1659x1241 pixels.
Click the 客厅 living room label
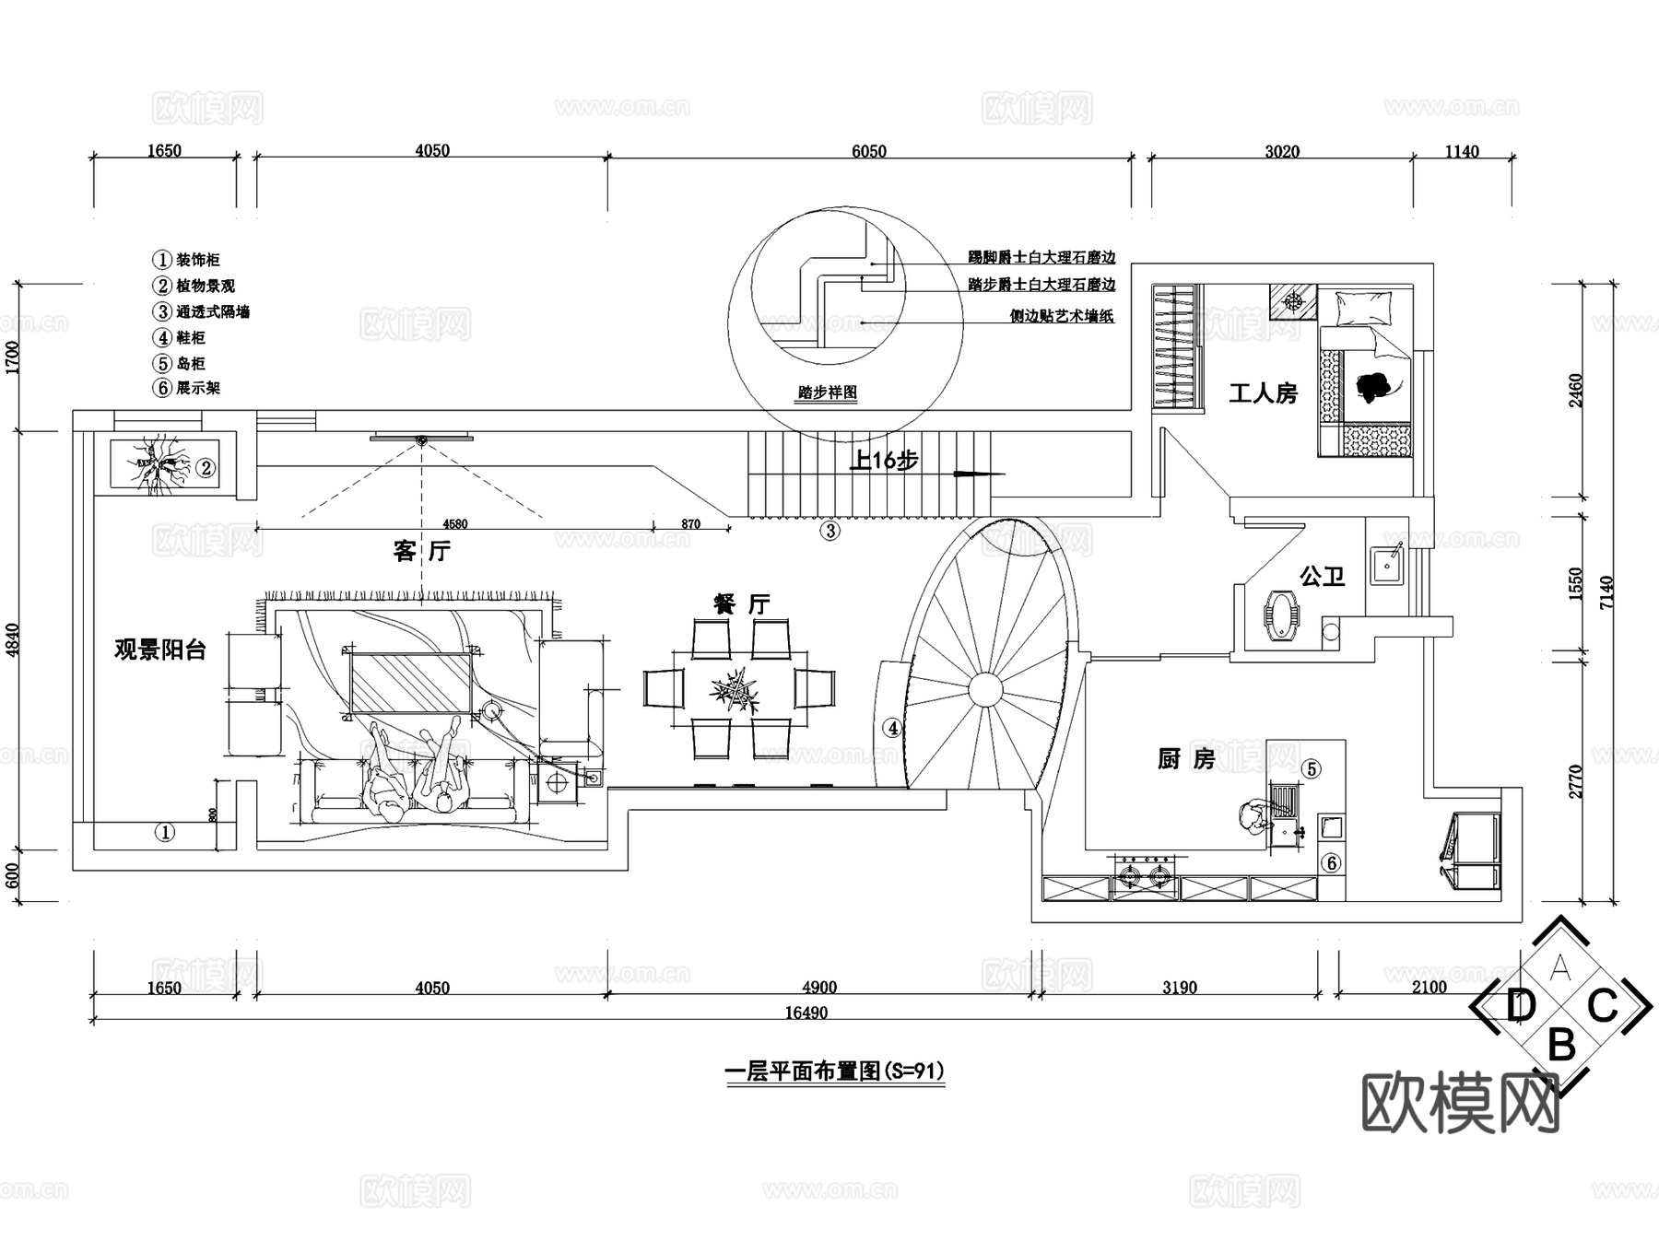pos(421,552)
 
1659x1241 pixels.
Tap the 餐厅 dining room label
pos(741,604)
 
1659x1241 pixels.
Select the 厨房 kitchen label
pos(1185,759)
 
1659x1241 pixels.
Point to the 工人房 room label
pos(1263,394)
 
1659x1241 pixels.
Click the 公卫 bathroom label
pos(1322,578)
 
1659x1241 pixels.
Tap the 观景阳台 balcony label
pos(159,650)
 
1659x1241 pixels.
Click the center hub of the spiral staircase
pos(984,688)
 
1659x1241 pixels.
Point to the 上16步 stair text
pos(883,460)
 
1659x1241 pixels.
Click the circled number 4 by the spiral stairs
pos(891,728)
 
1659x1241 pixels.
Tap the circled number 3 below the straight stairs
pos(830,531)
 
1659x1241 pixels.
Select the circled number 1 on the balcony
pos(163,833)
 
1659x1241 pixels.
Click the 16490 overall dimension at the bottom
pos(806,1013)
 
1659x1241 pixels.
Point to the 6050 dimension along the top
pos(868,151)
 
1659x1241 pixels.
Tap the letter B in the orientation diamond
pos(1560,1046)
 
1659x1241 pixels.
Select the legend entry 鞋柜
pos(191,338)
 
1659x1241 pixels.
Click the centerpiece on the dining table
pos(735,688)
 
